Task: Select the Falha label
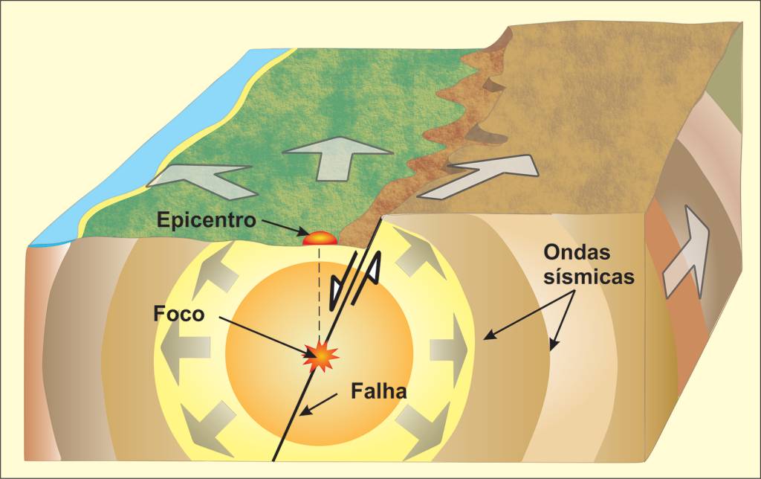click(378, 390)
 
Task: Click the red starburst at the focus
click(321, 357)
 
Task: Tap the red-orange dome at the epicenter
click(320, 239)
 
